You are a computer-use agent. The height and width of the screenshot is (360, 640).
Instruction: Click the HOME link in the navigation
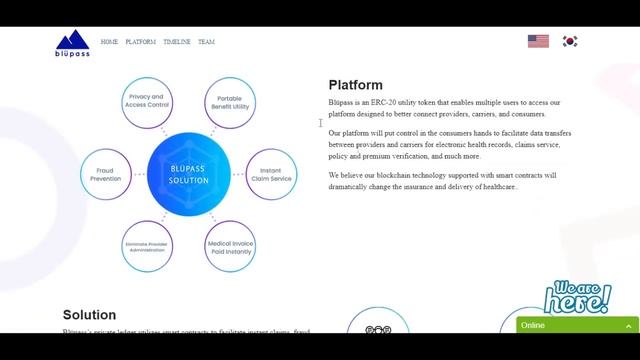pyautogui.click(x=109, y=42)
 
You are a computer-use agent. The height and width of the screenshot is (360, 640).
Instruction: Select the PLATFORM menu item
pyautogui.click(x=140, y=42)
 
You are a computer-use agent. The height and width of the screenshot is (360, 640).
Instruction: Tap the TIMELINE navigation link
pyautogui.click(x=176, y=42)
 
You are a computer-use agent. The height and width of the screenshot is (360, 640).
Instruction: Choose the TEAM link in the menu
pyautogui.click(x=206, y=42)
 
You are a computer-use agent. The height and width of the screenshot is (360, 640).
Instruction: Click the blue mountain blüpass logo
pyautogui.click(x=72, y=44)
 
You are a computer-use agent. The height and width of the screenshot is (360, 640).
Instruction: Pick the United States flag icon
pyautogui.click(x=538, y=41)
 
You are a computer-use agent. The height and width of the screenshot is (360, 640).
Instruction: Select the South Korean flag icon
pyautogui.click(x=570, y=41)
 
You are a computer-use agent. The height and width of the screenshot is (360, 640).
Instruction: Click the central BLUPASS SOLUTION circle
pyautogui.click(x=189, y=174)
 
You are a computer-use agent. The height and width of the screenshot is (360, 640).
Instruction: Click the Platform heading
pyautogui.click(x=355, y=85)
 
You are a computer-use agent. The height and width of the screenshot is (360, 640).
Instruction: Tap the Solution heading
pyautogui.click(x=89, y=315)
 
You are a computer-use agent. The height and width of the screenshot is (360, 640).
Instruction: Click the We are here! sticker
pyautogui.click(x=577, y=296)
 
